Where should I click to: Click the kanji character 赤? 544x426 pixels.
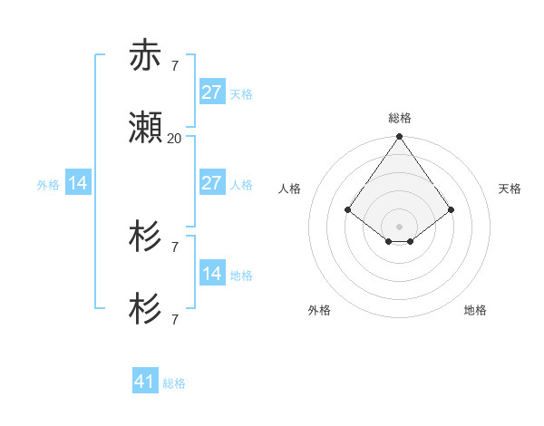(146, 56)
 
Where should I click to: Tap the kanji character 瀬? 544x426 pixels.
(146, 130)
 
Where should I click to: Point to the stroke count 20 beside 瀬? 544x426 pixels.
(174, 139)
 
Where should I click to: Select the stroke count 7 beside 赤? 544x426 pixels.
(174, 65)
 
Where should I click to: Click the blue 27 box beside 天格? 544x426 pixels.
(211, 92)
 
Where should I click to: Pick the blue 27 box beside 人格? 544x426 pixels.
(211, 182)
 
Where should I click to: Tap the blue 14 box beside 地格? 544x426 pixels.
(211, 273)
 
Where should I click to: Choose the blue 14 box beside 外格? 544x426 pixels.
(78, 183)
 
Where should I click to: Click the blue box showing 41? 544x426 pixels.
(145, 382)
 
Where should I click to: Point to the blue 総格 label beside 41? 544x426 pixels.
(174, 383)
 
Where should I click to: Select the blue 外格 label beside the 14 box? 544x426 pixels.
(48, 185)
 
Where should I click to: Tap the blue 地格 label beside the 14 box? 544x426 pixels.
(241, 275)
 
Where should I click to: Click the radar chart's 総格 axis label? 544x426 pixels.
(400, 118)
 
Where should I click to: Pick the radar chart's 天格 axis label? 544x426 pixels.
(510, 189)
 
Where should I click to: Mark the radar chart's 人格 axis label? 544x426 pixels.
(290, 189)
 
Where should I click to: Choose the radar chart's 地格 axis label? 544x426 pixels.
(475, 310)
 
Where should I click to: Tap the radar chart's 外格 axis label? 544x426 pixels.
(319, 310)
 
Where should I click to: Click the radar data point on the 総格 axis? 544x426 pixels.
(400, 137)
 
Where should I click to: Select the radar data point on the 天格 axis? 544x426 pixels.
(452, 210)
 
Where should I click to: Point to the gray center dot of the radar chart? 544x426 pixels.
(400, 226)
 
